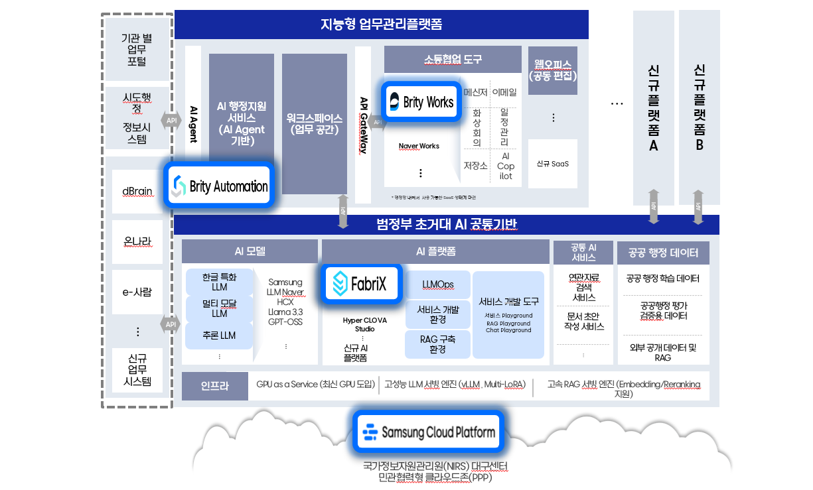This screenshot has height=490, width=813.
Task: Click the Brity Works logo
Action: pos(421,102)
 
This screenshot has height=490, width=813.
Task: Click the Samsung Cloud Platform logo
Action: pos(429,432)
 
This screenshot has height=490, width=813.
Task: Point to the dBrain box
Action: pos(137,191)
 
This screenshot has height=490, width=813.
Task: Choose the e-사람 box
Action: pos(137,291)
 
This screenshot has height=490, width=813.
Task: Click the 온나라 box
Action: pos(137,241)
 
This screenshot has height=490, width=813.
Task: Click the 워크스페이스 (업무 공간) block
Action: pos(315,124)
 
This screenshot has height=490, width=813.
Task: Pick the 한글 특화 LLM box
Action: pos(219,281)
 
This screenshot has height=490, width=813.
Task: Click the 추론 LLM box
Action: pos(219,336)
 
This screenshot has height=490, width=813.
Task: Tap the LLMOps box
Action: pos(438,284)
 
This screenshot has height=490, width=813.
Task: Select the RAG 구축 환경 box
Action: pos(438,344)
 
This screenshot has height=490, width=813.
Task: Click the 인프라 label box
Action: pos(214,386)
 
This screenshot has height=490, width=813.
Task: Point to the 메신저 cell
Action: pos(476,92)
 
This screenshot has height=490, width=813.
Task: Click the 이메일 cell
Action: pos(504,92)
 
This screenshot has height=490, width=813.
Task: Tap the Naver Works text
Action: pos(419,146)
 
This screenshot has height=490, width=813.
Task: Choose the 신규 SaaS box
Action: pos(553,164)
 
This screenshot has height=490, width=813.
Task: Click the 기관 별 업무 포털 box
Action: pos(137,50)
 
